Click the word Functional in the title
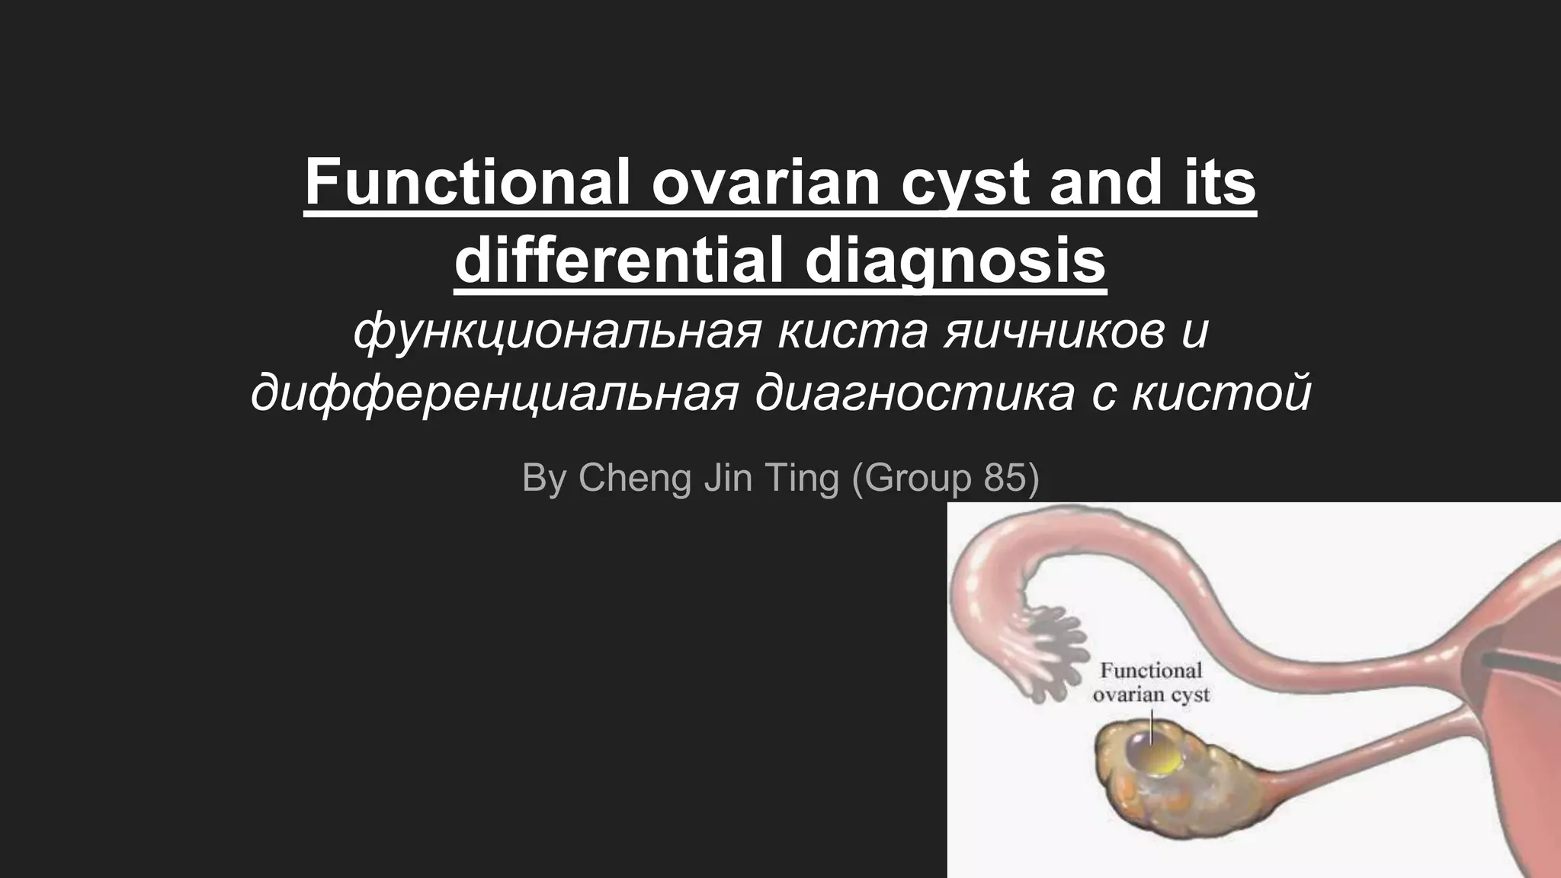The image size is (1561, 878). point(467,183)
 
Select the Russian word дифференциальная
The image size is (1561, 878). point(495,393)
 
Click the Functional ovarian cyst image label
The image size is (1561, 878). point(1151,683)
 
